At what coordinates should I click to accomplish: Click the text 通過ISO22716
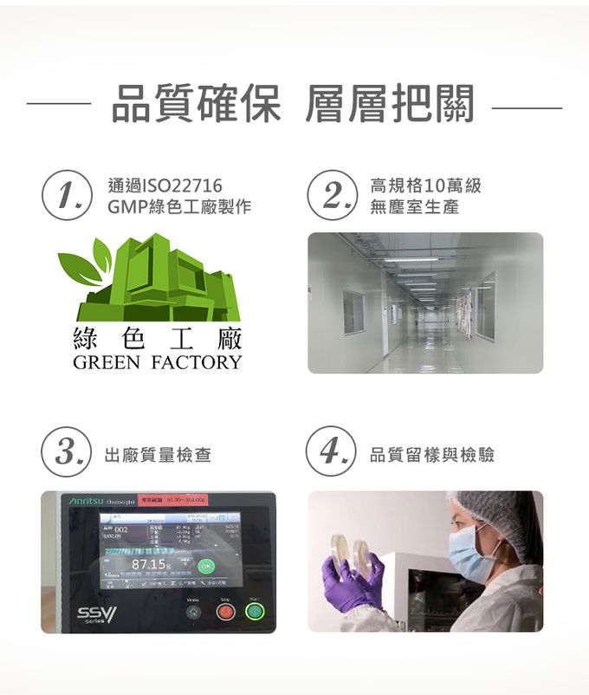(165, 185)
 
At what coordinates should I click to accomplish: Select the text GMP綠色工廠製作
(179, 208)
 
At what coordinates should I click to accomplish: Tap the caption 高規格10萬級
(424, 185)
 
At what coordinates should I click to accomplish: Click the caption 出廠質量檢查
(158, 454)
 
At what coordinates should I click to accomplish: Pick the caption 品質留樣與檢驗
(432, 454)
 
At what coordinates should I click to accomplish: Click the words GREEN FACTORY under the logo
(158, 362)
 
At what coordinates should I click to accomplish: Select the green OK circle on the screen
(205, 565)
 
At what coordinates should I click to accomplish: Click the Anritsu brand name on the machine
(86, 502)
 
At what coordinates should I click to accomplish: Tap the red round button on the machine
(226, 611)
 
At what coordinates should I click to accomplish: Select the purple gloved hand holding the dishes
(353, 583)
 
